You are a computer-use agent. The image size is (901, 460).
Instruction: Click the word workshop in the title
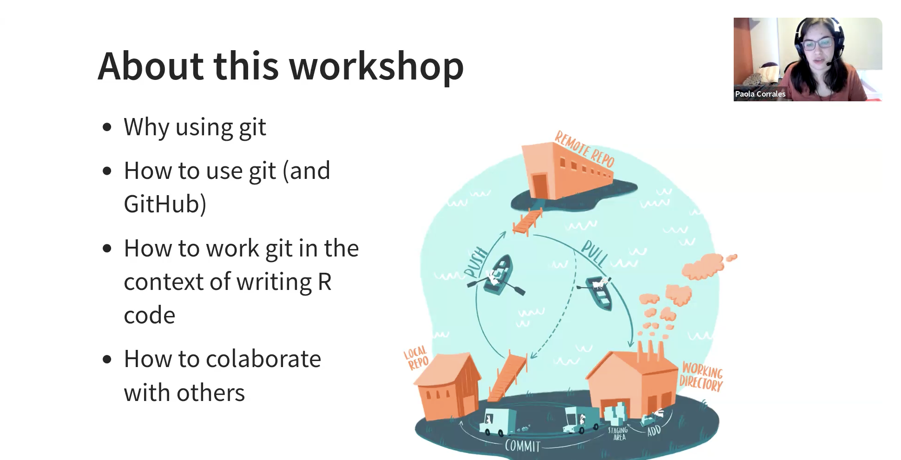pyautogui.click(x=376, y=66)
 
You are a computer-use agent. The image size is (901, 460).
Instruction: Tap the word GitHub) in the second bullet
pyautogui.click(x=165, y=204)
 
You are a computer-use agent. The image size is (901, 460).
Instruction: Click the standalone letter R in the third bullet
pyautogui.click(x=324, y=282)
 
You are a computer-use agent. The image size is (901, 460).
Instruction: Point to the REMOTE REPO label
pyautogui.click(x=585, y=149)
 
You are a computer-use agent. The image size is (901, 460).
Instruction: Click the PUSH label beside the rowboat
pyautogui.click(x=476, y=262)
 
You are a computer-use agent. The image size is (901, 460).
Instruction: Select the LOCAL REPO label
pyautogui.click(x=416, y=358)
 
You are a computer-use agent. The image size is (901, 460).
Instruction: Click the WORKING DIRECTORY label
pyautogui.click(x=701, y=377)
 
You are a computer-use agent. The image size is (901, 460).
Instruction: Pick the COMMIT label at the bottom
pyautogui.click(x=522, y=446)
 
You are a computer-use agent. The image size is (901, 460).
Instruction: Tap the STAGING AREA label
pyautogui.click(x=618, y=434)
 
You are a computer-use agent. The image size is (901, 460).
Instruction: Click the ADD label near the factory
pyautogui.click(x=654, y=431)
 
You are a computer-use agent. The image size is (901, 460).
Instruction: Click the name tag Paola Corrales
pyautogui.click(x=760, y=94)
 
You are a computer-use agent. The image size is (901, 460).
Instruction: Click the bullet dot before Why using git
pyautogui.click(x=107, y=127)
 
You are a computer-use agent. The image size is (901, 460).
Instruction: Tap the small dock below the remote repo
pyautogui.click(x=528, y=222)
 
